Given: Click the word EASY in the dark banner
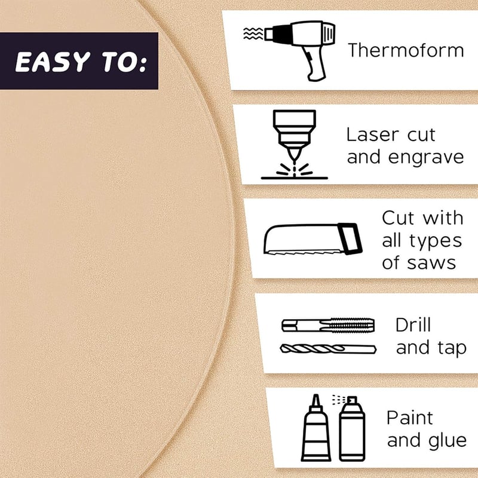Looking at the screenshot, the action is (x=53, y=62).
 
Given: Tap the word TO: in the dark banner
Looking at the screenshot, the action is (x=124, y=62).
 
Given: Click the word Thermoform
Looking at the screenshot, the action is (x=406, y=50).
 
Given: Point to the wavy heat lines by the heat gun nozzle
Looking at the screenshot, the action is (x=253, y=33).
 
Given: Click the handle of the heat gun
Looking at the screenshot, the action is (x=315, y=63).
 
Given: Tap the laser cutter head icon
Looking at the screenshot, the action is (x=294, y=144).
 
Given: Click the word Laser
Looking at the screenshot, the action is (x=372, y=135).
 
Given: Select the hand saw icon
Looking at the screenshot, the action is (x=313, y=239).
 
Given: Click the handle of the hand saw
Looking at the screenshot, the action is (x=350, y=238).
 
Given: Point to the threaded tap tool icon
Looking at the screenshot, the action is (x=328, y=325).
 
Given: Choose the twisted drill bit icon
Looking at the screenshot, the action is (x=328, y=348).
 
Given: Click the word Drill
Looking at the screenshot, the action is (x=413, y=324).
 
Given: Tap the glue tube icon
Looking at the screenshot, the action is (x=316, y=428).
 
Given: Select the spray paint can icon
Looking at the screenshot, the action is (x=351, y=428).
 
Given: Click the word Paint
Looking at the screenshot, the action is (x=410, y=418).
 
